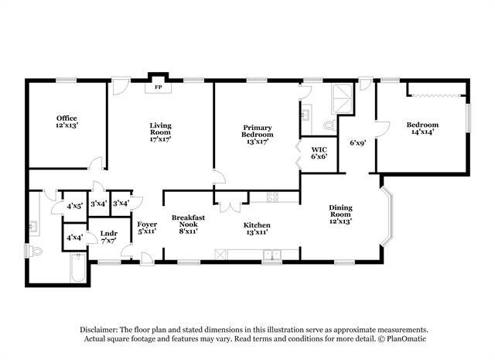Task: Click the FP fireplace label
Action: pyautogui.click(x=159, y=87)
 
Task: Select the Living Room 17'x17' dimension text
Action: pyautogui.click(x=160, y=139)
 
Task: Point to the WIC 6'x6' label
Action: pyautogui.click(x=319, y=153)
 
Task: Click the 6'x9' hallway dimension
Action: pyautogui.click(x=357, y=143)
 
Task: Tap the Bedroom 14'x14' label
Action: pyautogui.click(x=422, y=129)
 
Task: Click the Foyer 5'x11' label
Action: pyautogui.click(x=147, y=228)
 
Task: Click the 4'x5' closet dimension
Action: pyautogui.click(x=75, y=207)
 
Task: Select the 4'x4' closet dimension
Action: pyautogui.click(x=74, y=237)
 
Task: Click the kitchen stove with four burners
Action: pyautogui.click(x=272, y=197)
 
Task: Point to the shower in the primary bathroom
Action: pyautogui.click(x=342, y=99)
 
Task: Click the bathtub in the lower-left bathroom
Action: pyautogui.click(x=77, y=267)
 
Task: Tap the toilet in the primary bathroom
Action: pyautogui.click(x=329, y=125)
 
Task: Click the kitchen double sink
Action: pyautogui.click(x=271, y=254)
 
